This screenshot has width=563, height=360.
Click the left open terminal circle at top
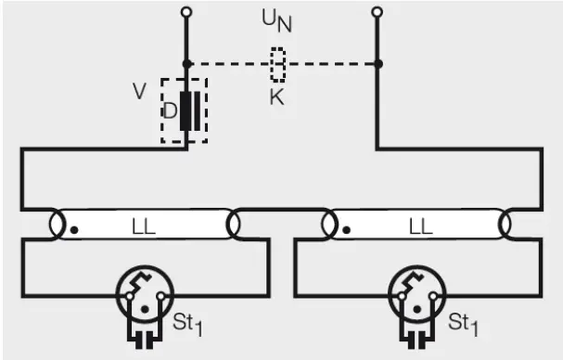coord(186,12)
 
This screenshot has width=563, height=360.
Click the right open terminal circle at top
coord(376,12)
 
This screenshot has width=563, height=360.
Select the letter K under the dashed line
coord(277,96)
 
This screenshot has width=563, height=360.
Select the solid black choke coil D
coord(187,111)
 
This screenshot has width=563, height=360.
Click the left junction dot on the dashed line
coord(186,63)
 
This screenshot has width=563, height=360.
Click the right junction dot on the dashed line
coord(376,63)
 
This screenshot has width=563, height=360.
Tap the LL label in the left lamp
coord(143,225)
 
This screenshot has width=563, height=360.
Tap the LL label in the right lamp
coord(420,225)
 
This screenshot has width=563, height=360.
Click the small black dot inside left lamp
coord(73,228)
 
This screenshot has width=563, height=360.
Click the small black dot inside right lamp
coord(346,228)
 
